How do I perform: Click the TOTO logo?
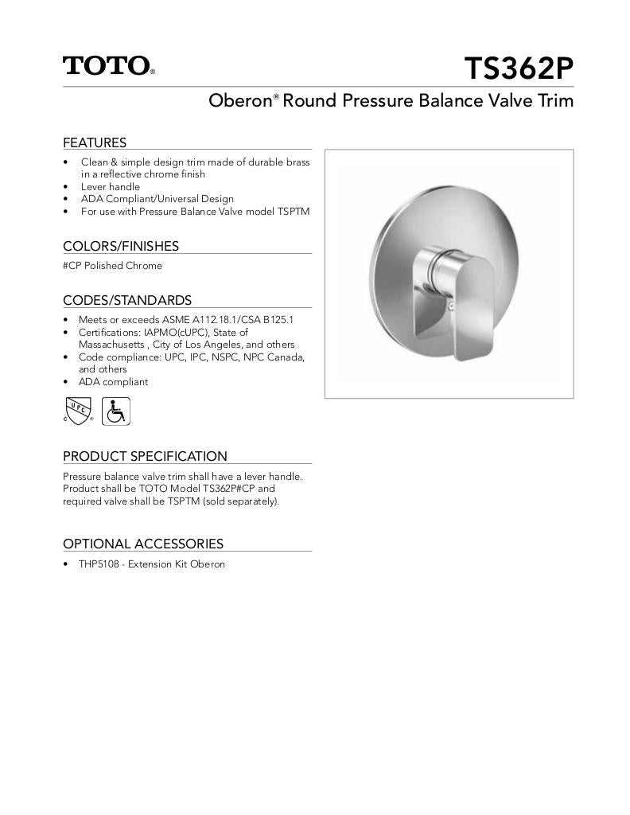point(108,65)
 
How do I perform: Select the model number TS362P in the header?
point(518,69)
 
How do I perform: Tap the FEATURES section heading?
point(95,142)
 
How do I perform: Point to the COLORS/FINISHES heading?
point(121,246)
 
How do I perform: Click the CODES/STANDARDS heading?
point(127,300)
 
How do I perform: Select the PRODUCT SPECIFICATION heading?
point(145,456)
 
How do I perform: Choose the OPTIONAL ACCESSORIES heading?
point(143,544)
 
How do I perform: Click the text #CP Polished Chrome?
point(112,266)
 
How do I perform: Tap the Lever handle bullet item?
point(110,186)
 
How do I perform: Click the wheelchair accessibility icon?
point(116,411)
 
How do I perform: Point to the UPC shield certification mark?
point(78,411)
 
